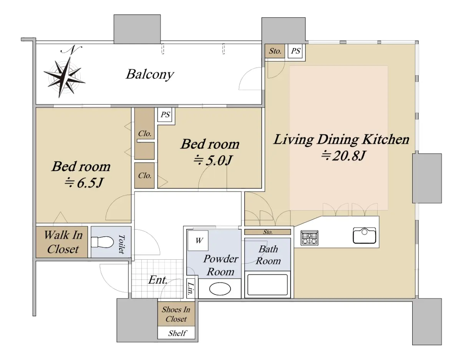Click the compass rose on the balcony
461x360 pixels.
coord(64,78)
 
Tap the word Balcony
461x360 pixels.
coord(150,75)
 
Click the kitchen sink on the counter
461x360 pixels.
coord(364,236)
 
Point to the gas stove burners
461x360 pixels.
coord(310,238)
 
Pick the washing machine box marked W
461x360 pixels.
coord(198,241)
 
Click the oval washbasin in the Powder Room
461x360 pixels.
coord(220,289)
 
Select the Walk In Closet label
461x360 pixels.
coord(63,242)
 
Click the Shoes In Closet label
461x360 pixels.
coord(176,314)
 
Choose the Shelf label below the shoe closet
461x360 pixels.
coord(177,333)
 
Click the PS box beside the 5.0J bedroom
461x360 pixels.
coord(165,114)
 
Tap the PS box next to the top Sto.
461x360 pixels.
coord(295,51)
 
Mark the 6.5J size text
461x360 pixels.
coord(84,183)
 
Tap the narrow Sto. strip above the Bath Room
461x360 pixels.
coord(267,232)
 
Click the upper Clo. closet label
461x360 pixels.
coord(145,133)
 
